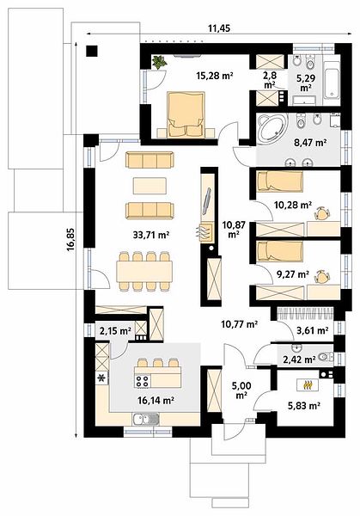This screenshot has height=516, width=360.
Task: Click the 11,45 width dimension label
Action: [x=218, y=28]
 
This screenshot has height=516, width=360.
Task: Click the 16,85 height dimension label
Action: [x=71, y=240]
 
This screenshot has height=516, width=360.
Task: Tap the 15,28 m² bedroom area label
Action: [x=215, y=76]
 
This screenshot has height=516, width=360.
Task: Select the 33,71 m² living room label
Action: [x=151, y=235]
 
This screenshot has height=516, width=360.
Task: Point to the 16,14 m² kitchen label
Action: [x=156, y=400]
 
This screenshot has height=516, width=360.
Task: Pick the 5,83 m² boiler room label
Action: [x=304, y=406]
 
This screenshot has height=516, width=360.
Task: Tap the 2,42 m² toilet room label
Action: [x=300, y=359]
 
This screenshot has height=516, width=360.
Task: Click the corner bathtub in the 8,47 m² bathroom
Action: [x=272, y=129]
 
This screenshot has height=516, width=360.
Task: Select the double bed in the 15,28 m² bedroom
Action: [x=185, y=114]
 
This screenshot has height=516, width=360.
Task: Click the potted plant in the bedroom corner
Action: [x=160, y=62]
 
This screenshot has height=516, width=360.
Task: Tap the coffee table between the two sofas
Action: [x=149, y=186]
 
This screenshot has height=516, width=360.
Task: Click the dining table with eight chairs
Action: [x=144, y=271]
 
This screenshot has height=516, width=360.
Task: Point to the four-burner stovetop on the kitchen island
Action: [x=143, y=381]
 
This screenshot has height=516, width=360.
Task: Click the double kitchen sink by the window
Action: [x=146, y=420]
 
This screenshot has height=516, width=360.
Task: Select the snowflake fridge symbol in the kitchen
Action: [x=102, y=378]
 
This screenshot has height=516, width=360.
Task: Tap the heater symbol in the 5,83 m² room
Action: [x=308, y=384]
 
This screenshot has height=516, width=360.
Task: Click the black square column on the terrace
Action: [x=92, y=51]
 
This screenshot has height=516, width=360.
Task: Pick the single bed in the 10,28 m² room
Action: [x=279, y=181]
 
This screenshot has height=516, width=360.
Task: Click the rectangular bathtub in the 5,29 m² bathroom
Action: [x=331, y=80]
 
